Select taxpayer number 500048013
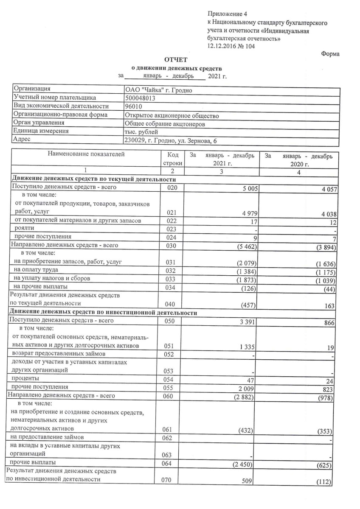(140, 98)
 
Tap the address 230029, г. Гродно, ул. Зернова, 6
(172, 140)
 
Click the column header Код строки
(172, 159)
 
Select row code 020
(172, 187)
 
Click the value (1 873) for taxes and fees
(245, 280)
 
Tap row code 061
(168, 429)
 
